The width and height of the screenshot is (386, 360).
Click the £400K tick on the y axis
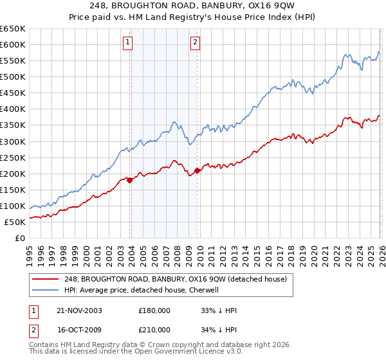(13, 109)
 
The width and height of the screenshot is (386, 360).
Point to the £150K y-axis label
(13, 190)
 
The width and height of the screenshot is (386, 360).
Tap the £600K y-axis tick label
(13, 45)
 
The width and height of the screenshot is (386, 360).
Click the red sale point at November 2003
(130, 180)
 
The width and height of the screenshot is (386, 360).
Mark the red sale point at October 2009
(197, 170)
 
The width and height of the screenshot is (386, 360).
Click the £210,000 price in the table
(154, 329)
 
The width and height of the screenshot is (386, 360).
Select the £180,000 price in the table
(154, 310)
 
